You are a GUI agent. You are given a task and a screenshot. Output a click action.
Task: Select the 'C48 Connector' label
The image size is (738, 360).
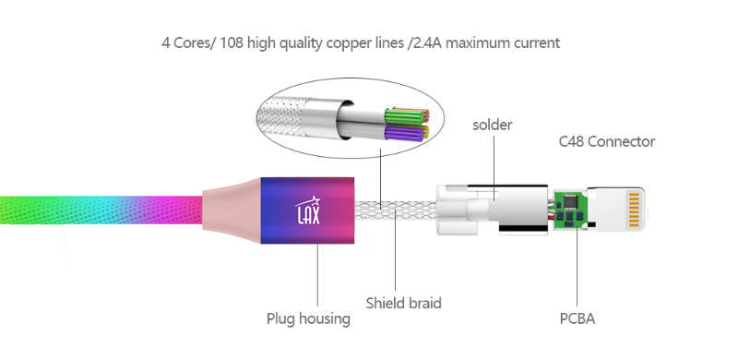(606, 141)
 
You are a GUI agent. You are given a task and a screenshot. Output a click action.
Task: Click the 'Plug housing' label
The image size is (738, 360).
(308, 318)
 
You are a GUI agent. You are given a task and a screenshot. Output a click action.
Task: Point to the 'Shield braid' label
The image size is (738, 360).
(403, 303)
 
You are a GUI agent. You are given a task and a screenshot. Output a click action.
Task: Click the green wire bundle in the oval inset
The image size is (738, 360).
(414, 117)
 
